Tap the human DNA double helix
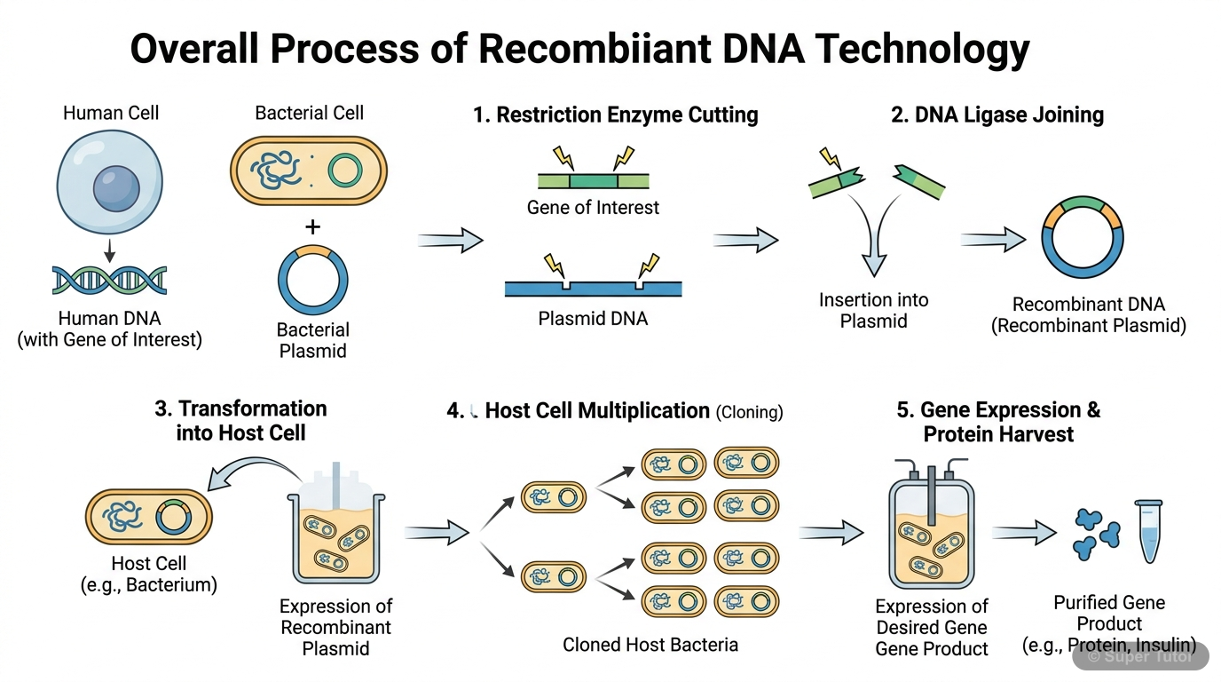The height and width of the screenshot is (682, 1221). tap(110, 280)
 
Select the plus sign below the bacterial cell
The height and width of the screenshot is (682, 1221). tap(312, 227)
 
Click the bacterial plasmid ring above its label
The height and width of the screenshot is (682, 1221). tap(312, 279)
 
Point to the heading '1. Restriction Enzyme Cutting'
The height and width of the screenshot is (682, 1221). tap(615, 115)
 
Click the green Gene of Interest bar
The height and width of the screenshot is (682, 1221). tap(593, 180)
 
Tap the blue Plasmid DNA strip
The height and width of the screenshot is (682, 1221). tap(593, 288)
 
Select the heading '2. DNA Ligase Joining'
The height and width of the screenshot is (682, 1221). tap(997, 115)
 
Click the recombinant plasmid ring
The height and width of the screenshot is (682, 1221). tap(1083, 239)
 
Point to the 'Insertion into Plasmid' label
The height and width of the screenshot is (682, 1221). tap(873, 310)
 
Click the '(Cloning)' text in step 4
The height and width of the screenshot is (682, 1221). tap(750, 412)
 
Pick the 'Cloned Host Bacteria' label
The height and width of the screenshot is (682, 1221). tap(650, 645)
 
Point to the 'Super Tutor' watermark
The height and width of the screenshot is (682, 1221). tap(1139, 656)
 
